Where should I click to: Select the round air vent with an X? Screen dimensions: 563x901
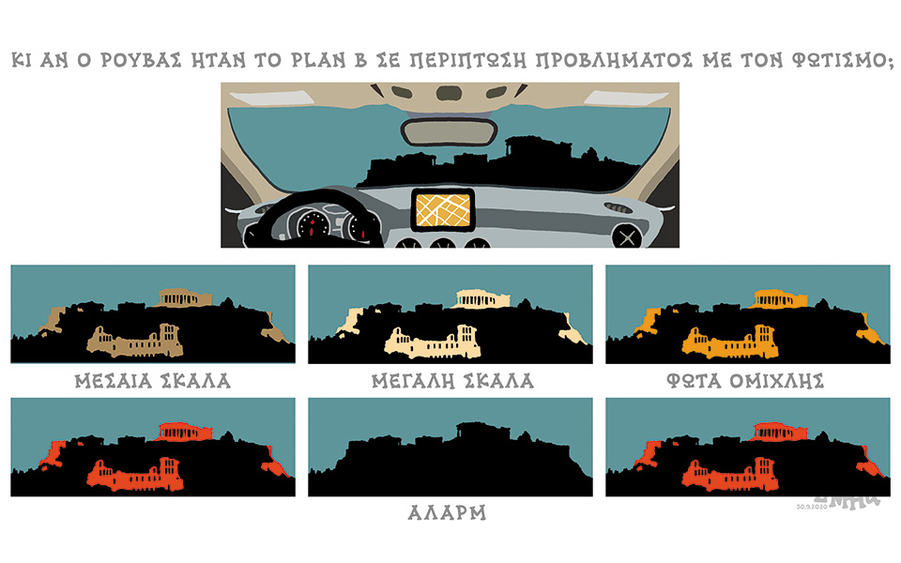pos(625,236)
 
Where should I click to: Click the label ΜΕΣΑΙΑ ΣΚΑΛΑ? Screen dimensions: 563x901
pos(152,381)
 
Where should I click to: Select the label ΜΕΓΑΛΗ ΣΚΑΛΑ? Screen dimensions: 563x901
pos(451,381)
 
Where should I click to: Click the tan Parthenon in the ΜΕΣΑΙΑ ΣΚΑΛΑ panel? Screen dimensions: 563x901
pos(178,297)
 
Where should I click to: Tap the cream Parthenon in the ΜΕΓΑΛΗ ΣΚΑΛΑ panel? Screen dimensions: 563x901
pos(482,297)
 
